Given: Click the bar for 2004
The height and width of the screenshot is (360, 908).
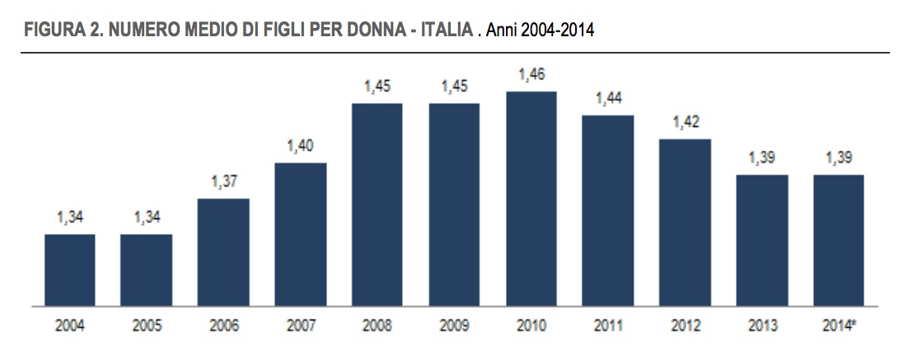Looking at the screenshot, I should pyautogui.click(x=70, y=270).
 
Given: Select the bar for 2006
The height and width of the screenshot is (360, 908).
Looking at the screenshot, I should pyautogui.click(x=223, y=252).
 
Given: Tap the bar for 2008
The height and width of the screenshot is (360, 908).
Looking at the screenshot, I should pyautogui.click(x=377, y=204).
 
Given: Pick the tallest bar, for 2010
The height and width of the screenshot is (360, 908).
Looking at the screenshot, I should pyautogui.click(x=531, y=199).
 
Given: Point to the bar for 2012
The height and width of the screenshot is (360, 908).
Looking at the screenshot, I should pyautogui.click(x=685, y=222).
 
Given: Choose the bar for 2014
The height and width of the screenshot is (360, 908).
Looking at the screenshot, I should pyautogui.click(x=838, y=241).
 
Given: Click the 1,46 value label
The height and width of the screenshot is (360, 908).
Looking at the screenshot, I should pyautogui.click(x=531, y=75).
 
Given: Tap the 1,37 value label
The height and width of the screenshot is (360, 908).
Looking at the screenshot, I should pyautogui.click(x=223, y=182).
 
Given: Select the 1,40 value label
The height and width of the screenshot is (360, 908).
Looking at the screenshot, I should pyautogui.click(x=300, y=147).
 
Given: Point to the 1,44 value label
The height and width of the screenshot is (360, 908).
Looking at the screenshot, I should pyautogui.click(x=608, y=99).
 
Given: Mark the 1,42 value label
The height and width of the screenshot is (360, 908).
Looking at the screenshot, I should pyautogui.click(x=685, y=123).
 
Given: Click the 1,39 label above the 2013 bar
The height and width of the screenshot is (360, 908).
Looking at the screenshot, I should pyautogui.click(x=761, y=159).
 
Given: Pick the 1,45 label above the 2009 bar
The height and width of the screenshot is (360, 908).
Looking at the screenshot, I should pyautogui.click(x=454, y=86).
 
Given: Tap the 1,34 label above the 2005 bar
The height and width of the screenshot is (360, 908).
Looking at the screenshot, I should pyautogui.click(x=147, y=218).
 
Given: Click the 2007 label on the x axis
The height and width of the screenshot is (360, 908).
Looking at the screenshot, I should pyautogui.click(x=300, y=326).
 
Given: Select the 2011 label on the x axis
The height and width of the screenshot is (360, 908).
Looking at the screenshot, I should pyautogui.click(x=608, y=326).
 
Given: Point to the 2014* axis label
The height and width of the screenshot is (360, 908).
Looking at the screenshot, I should pyautogui.click(x=840, y=326).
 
